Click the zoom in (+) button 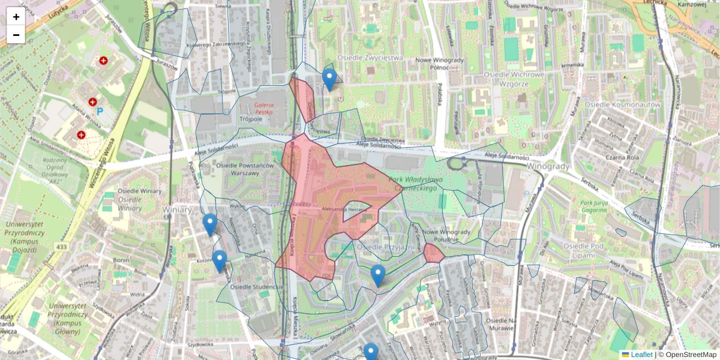[x=16, y=16]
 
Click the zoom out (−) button [x=16, y=34]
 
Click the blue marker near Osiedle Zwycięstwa [x=329, y=79]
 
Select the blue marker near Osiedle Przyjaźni [x=377, y=275]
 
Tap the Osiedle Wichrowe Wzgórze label [x=516, y=79]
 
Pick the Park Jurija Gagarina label [x=595, y=207]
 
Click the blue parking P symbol [x=100, y=111]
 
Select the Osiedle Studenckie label [x=259, y=287]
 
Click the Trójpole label [x=251, y=119]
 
